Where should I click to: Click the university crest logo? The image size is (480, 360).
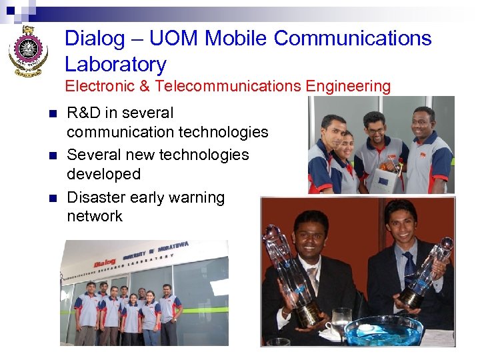point(28,51)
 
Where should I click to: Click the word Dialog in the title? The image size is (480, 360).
point(94,39)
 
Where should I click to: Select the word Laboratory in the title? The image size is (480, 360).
point(115,65)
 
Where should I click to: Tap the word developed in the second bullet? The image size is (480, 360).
point(103,174)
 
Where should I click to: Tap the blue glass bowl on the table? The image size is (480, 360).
point(383,330)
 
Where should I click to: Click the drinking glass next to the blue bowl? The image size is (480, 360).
point(341,321)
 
